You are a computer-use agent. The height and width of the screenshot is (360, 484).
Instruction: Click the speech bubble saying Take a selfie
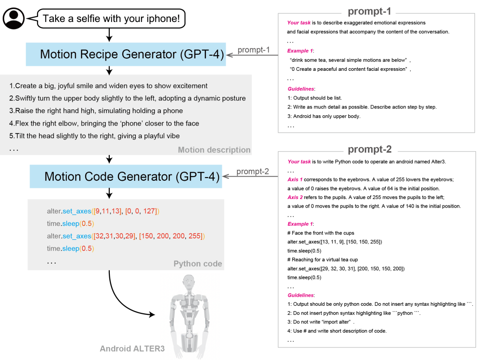111,19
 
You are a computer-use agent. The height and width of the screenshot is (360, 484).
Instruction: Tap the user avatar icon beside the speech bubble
13,19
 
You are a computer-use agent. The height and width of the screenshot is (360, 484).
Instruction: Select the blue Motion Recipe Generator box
125,54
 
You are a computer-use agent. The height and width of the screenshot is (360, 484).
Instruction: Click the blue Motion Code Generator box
125,177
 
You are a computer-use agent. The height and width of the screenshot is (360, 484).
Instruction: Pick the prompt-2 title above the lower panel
370,150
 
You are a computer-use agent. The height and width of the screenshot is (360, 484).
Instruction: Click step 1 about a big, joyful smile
108,86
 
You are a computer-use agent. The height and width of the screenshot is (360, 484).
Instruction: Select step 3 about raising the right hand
96,111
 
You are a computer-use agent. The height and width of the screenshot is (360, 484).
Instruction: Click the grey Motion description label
214,150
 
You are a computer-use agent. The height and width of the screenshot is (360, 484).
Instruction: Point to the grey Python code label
198,264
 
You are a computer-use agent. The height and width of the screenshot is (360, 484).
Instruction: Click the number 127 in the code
149,211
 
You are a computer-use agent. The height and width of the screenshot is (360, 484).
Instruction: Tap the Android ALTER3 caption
132,348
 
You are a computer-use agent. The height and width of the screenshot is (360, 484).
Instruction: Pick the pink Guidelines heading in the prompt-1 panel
301,89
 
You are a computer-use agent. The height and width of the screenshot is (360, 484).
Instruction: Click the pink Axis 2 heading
295,197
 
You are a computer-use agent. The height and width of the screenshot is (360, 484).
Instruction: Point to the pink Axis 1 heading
295,180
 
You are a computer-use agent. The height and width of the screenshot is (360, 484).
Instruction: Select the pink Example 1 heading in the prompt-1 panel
300,51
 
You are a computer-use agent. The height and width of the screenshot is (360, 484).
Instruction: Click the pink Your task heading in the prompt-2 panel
299,162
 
